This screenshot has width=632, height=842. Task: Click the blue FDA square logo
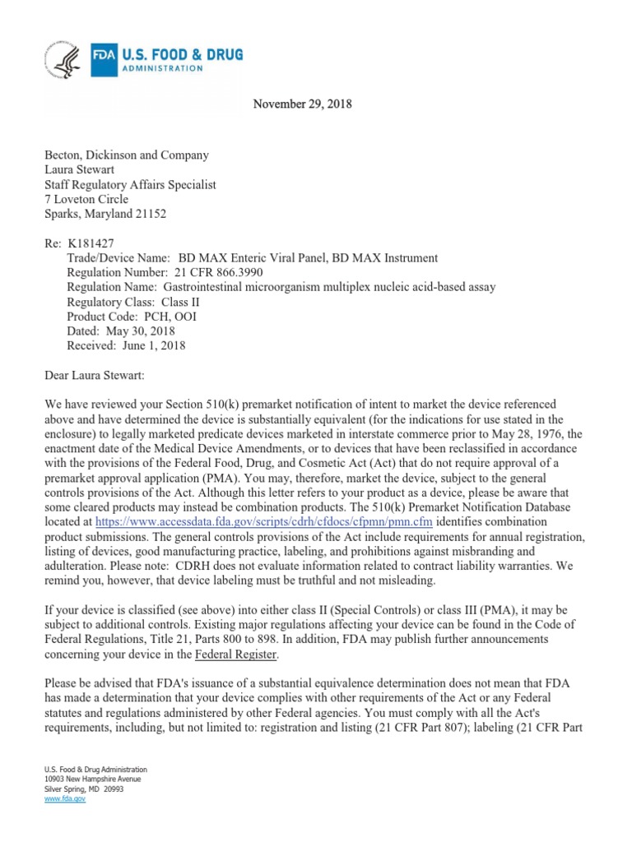[105, 61]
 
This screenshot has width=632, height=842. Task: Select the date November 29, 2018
[303, 104]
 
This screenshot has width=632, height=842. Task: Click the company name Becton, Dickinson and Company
[126, 155]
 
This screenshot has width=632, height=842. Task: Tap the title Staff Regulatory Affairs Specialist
[130, 185]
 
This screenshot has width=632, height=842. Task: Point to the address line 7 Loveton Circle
[86, 200]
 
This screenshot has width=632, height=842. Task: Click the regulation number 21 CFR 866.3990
[221, 271]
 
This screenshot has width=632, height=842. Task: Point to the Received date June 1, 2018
[152, 345]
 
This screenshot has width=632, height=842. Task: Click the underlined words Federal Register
[235, 655]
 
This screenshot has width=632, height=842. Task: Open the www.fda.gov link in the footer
[60, 798]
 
